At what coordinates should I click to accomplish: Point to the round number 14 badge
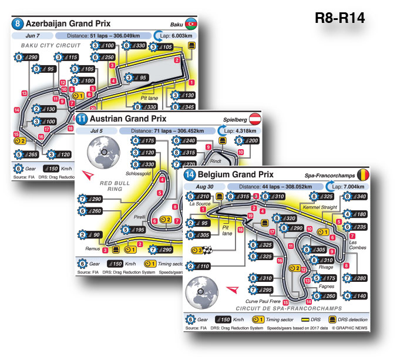coord(190,174)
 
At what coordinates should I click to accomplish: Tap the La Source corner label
coord(199,204)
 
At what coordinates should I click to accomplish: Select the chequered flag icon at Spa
coord(207,250)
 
